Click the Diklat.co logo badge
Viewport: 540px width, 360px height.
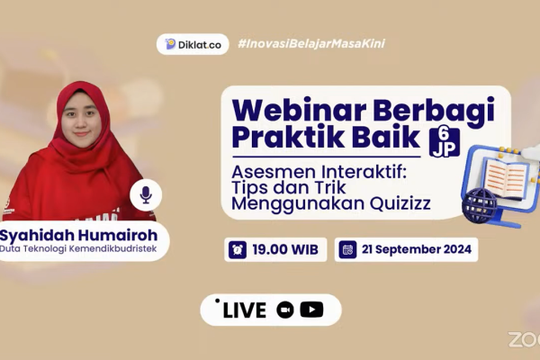click(x=193, y=44)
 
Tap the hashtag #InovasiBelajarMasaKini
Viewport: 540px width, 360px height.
click(x=311, y=44)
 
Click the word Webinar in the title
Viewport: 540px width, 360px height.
click(x=300, y=110)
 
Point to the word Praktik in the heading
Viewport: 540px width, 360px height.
click(x=288, y=136)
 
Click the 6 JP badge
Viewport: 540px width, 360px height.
click(x=445, y=142)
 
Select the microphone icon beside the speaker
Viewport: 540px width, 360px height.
click(x=146, y=195)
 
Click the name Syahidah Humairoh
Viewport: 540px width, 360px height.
click(x=78, y=235)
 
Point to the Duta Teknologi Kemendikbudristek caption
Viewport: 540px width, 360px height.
click(x=78, y=248)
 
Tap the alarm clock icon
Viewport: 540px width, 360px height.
click(x=238, y=249)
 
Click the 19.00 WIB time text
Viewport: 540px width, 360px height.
click(x=285, y=249)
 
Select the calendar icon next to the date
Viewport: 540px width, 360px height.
click(x=347, y=249)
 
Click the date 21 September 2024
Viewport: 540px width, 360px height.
click(x=417, y=249)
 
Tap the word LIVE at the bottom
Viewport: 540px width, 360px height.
click(x=245, y=310)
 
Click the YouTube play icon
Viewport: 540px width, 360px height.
click(x=311, y=310)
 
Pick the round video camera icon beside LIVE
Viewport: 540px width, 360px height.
click(x=285, y=310)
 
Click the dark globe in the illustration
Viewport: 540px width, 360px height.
click(x=480, y=205)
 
